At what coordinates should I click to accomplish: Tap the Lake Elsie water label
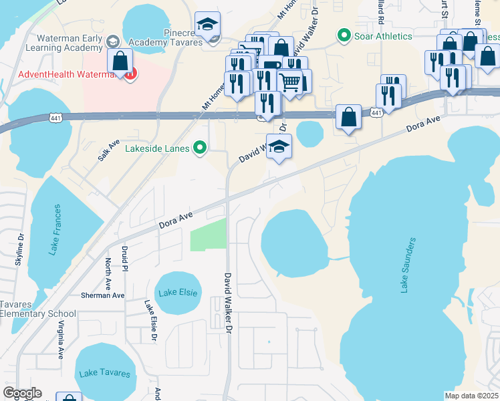click(175, 293)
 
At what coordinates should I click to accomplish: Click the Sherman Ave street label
click(102, 295)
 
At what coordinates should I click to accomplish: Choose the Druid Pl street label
click(125, 259)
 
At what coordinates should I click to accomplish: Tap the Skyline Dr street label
click(19, 249)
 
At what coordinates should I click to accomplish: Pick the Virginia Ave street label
click(61, 341)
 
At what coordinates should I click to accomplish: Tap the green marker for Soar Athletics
click(344, 34)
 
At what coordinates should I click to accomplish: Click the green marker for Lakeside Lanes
click(199, 148)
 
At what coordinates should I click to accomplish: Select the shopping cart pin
click(289, 83)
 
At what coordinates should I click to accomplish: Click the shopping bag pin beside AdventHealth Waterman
click(120, 61)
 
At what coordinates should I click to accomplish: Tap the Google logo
click(22, 393)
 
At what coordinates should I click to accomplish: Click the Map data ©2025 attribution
click(471, 396)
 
